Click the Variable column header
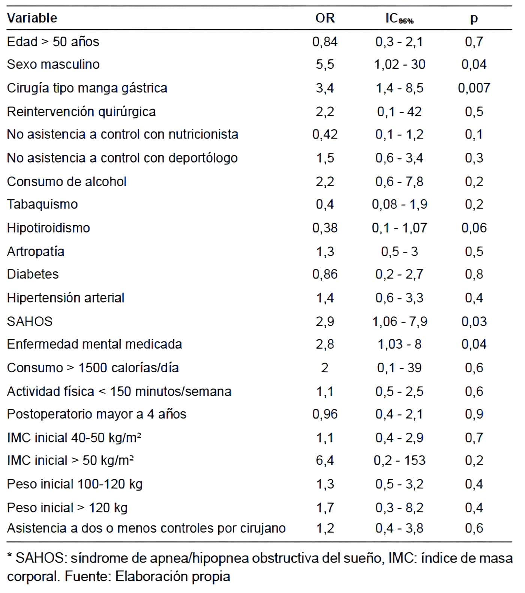point(32,18)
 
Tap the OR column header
point(325,18)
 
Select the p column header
point(474,19)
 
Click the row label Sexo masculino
point(53,64)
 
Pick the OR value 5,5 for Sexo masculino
point(325,65)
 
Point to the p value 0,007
point(474,88)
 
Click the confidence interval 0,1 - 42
point(399,111)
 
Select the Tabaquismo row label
point(42,204)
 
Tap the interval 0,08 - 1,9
point(399,204)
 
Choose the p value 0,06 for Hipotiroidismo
point(474,228)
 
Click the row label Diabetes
point(33,274)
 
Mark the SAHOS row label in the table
point(30,321)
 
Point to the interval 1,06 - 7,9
point(399,322)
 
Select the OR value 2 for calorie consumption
point(325,367)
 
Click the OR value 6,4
point(325,460)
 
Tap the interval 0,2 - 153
point(399,460)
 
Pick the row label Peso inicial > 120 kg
point(67,508)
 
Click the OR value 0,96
point(325,414)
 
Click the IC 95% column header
point(399,18)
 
